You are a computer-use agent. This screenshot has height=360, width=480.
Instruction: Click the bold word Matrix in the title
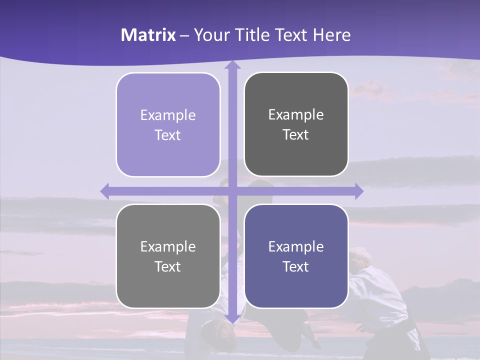[x=148, y=35]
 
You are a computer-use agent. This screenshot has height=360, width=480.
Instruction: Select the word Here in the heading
[x=331, y=35]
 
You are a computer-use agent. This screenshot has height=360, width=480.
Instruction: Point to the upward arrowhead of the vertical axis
[x=232, y=65]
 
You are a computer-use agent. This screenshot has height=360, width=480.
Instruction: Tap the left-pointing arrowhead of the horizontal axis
[x=105, y=191]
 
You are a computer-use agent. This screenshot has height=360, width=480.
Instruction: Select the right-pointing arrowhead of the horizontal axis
[x=359, y=191]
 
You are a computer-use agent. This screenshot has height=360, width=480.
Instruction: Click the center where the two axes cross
[x=232, y=191]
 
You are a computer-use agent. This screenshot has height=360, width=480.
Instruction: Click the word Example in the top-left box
[x=168, y=115]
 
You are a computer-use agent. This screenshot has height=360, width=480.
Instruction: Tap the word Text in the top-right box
[x=296, y=135]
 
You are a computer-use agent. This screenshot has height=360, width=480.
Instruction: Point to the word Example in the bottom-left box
[x=168, y=246]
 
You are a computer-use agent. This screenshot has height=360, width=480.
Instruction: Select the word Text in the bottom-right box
[x=296, y=266]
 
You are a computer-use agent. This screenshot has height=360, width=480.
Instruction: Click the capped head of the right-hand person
[x=359, y=256]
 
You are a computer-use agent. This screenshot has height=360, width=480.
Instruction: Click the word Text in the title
[x=290, y=35]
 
